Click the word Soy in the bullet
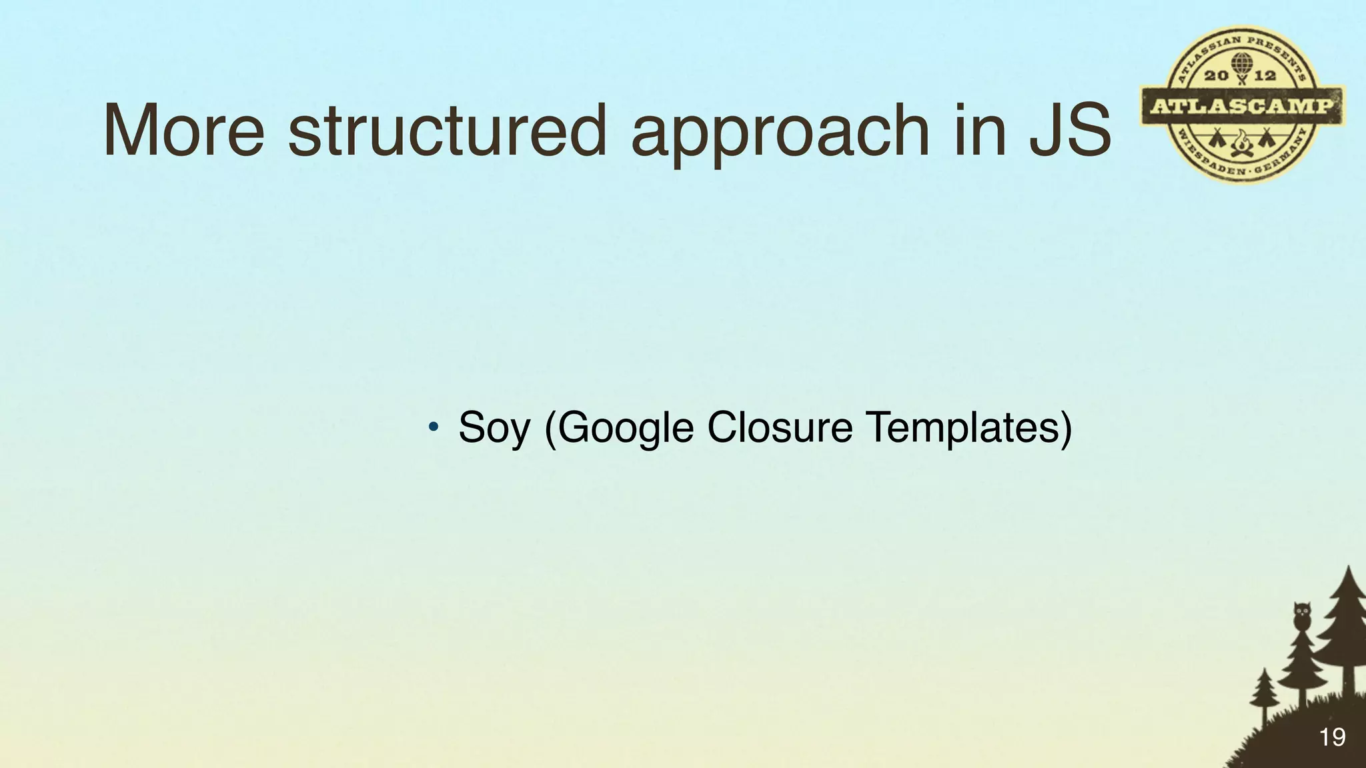pos(494,428)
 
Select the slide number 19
pos(1332,737)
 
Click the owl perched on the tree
pos(1301,615)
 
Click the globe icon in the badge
pos(1240,65)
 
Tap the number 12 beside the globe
pos(1265,75)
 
